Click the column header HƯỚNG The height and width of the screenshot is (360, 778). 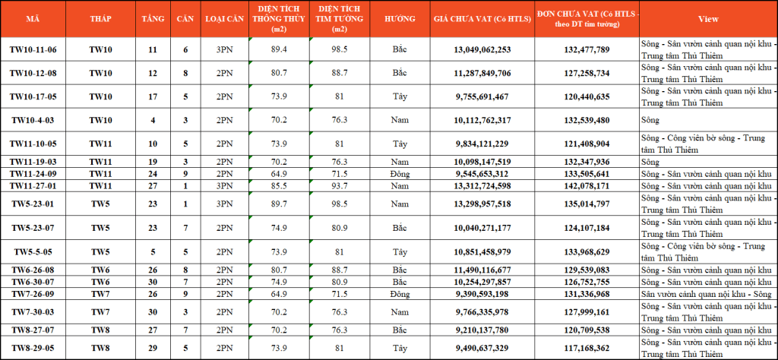(x=400, y=19)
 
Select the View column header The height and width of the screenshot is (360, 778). (x=708, y=19)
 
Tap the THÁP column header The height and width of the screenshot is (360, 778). (x=101, y=19)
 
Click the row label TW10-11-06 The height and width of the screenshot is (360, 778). (x=33, y=49)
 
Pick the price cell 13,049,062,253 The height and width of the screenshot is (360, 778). (x=482, y=49)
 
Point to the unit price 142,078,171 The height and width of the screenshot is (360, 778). (x=587, y=186)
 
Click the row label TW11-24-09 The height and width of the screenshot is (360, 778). (x=33, y=174)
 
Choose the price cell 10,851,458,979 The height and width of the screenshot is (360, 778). (x=482, y=252)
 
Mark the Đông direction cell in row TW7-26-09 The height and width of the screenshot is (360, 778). (x=400, y=295)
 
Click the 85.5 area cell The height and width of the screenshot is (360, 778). (x=280, y=186)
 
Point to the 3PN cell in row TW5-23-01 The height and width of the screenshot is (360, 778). (x=223, y=204)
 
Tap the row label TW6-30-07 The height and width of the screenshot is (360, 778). (x=33, y=282)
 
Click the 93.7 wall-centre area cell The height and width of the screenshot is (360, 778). (x=340, y=186)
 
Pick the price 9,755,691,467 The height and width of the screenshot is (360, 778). (x=482, y=96)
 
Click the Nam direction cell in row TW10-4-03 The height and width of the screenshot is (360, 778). (x=400, y=121)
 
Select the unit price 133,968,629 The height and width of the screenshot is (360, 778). (x=587, y=252)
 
